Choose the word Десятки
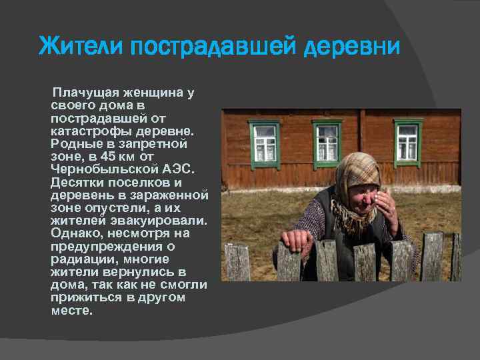click(x=77, y=182)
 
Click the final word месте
click(x=72, y=310)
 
